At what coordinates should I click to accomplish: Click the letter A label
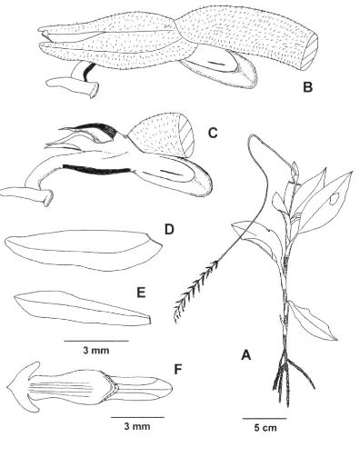pos(246,354)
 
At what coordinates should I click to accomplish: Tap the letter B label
pos(307,87)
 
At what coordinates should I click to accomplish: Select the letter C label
pos(213,133)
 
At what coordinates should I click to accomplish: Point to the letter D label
pos(169,230)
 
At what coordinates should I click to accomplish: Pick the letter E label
pos(141,293)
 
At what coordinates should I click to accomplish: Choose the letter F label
pos(178,369)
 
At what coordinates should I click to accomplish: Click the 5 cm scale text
pos(265,428)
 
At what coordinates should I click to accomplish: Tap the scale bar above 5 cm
pos(265,419)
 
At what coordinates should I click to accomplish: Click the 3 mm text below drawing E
pos(96,351)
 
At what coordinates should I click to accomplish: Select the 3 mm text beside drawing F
pos(137,426)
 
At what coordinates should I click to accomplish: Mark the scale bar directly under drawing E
pos(96,341)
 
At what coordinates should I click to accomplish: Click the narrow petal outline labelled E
pos(84,308)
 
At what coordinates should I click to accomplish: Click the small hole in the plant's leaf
pos(334,199)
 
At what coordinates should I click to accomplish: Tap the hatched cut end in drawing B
pos(310,51)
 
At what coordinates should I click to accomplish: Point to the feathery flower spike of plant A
pos(195,290)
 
